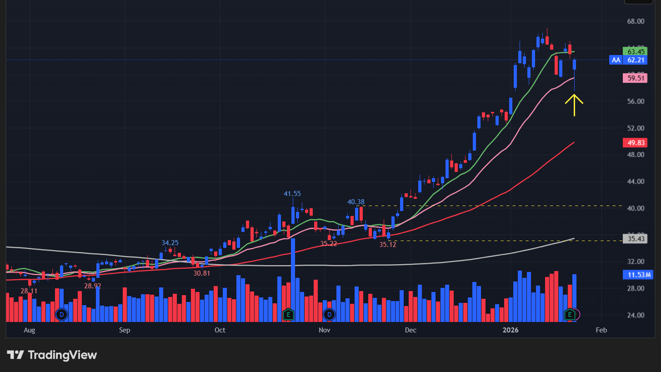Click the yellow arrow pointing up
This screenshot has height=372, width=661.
[574, 104]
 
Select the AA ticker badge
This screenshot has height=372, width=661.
[616, 60]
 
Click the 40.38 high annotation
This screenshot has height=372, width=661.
[356, 202]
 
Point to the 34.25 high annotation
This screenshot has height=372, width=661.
[170, 243]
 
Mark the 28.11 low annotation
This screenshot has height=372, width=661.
[29, 291]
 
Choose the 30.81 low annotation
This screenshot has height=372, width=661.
[201, 273]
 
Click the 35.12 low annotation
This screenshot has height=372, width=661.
[388, 244]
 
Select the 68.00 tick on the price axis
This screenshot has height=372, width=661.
[635, 21]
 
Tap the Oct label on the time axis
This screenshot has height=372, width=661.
[220, 330]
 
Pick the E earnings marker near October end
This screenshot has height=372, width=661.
[288, 314]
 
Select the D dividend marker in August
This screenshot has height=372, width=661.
[61, 314]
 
